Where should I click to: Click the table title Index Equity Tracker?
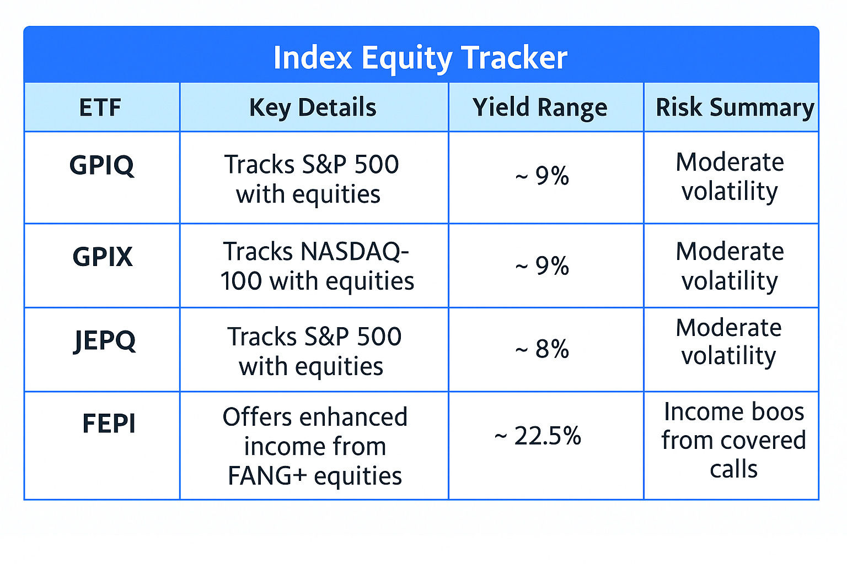(420, 57)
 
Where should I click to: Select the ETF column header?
(100, 107)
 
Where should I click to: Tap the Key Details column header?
(313, 107)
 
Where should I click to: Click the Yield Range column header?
(540, 107)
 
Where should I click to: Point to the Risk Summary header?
(735, 107)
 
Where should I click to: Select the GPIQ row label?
(101, 165)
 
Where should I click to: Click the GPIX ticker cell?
(103, 257)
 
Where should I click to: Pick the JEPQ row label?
(104, 340)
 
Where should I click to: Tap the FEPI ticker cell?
(109, 424)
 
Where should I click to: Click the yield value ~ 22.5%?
(538, 436)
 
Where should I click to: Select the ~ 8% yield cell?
(542, 349)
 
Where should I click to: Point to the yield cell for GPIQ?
(542, 176)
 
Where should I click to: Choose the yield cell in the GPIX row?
(542, 266)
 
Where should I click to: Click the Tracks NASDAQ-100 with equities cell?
(317, 266)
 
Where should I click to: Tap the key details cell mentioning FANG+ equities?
(314, 446)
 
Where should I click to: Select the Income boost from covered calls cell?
(733, 440)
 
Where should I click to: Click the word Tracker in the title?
(514, 57)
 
